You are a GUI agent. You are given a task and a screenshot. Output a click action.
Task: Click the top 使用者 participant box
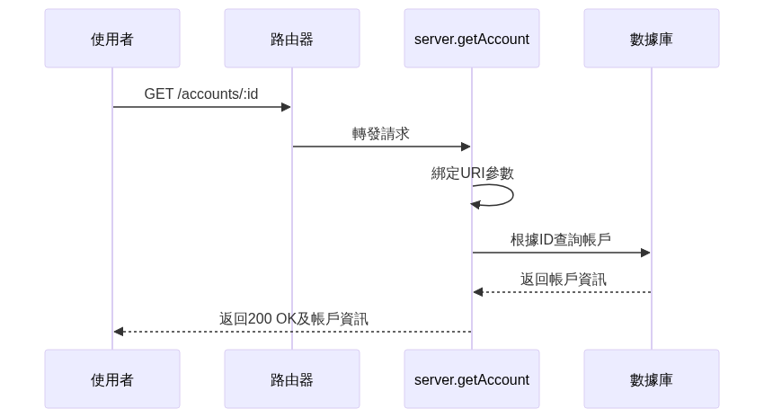pos(112,38)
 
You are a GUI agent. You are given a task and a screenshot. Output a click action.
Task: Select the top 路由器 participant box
pos(292,38)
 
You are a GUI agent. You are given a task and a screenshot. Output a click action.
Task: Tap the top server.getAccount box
pos(472,38)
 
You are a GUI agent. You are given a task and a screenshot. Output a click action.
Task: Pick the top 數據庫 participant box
pos(652,38)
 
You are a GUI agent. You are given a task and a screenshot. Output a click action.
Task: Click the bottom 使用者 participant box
pos(112,378)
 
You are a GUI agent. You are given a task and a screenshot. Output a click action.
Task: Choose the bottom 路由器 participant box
pos(292,378)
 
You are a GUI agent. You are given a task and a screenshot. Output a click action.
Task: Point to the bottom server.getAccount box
pos(472,378)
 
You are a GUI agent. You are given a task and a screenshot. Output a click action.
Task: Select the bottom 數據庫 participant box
pos(652,378)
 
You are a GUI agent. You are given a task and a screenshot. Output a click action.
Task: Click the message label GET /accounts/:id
pos(201,93)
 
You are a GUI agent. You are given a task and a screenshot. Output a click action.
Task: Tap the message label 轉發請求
pos(381,133)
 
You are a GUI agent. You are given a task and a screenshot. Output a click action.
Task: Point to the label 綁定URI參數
pos(473,173)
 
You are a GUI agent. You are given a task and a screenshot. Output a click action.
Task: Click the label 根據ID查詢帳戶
pos(561,240)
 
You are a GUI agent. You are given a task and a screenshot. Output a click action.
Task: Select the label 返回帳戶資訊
pos(564,280)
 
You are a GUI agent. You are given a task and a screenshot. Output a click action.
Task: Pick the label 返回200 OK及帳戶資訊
pos(294,318)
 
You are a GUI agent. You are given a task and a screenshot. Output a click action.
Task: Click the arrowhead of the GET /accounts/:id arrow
pos(287,107)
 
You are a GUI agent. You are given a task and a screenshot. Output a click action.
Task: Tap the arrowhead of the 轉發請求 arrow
pos(466,147)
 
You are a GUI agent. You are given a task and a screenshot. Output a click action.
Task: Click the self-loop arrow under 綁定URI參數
pos(513,195)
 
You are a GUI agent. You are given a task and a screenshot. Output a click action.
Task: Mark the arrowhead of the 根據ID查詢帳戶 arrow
pos(645,253)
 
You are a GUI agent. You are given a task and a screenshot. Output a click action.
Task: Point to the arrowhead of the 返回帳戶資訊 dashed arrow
pos(478,292)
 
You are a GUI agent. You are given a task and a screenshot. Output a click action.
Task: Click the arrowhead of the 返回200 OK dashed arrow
pos(119,332)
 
